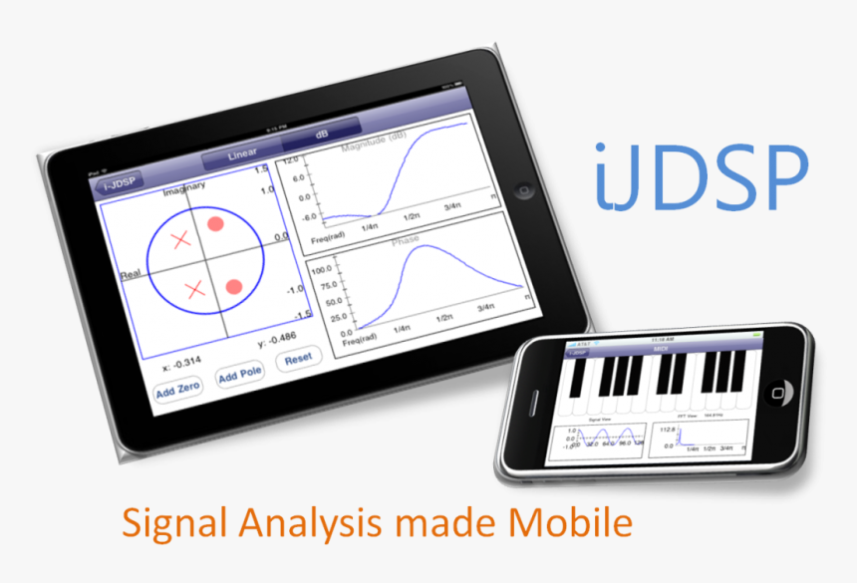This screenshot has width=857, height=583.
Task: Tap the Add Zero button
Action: coord(177,391)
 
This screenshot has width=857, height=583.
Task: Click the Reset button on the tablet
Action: coord(298,358)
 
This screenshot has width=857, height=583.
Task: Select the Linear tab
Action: coord(242,152)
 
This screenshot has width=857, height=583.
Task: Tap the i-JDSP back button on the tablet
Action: coord(118,183)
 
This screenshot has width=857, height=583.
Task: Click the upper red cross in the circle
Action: coord(180,239)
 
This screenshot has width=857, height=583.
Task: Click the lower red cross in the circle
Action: coord(195,290)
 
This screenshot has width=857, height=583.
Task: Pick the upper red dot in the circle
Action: coord(214,224)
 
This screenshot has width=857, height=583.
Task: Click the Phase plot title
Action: coord(406,241)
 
